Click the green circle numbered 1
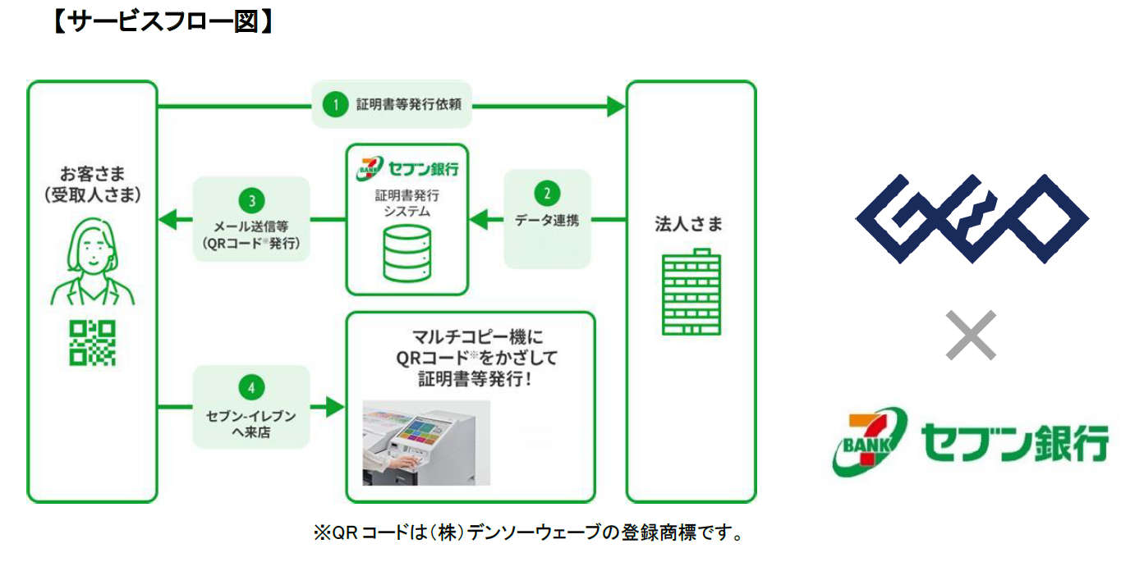point(334,104)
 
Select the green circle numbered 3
point(251,199)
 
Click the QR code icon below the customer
point(92,342)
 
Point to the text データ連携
point(547,220)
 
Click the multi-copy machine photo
point(426,443)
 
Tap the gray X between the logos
point(971,335)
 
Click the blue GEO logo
point(972,219)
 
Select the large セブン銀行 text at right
point(1015,444)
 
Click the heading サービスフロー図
point(163,20)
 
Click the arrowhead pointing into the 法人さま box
point(615,105)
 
